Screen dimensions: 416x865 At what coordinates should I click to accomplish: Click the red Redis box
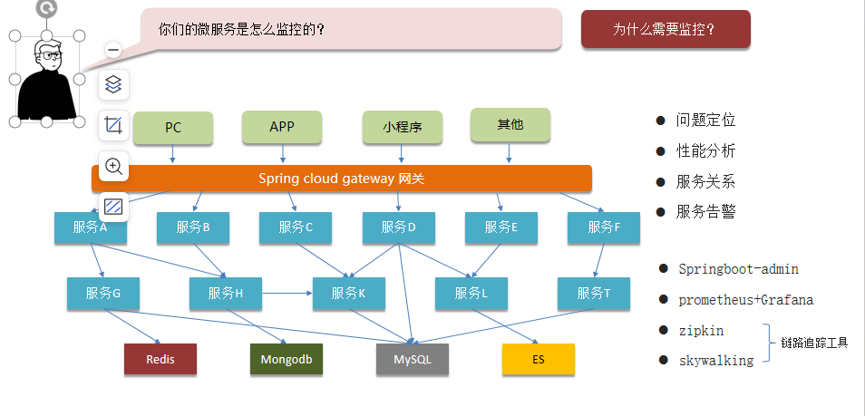point(160,360)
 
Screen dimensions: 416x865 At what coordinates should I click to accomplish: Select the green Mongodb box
point(287,360)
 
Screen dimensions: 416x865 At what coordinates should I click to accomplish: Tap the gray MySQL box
point(413,360)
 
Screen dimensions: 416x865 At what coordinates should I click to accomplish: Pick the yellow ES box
point(539,360)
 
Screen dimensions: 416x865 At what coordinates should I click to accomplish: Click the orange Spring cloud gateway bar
point(342,179)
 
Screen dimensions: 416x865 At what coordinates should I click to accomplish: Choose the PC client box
point(173,128)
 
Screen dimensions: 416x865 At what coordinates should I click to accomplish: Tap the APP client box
point(282,127)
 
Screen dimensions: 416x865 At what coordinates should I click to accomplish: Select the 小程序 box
point(403,128)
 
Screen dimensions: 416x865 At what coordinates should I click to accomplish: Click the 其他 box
point(510,125)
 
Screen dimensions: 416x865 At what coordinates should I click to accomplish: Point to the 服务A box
point(91,228)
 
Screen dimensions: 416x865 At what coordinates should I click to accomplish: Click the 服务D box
point(399,228)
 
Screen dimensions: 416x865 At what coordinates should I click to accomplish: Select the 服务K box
point(349,294)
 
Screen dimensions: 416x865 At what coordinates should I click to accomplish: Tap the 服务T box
point(594,294)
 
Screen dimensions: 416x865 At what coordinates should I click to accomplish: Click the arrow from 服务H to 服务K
point(288,294)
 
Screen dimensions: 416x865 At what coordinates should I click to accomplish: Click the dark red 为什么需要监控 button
point(666,29)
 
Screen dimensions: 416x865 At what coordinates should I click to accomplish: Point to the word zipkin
point(702,331)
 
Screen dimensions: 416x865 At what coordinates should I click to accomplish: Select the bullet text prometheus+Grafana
point(746,300)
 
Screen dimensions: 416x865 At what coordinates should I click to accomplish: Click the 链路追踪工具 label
point(814,343)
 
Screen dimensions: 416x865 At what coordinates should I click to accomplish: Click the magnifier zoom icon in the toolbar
point(113,166)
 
